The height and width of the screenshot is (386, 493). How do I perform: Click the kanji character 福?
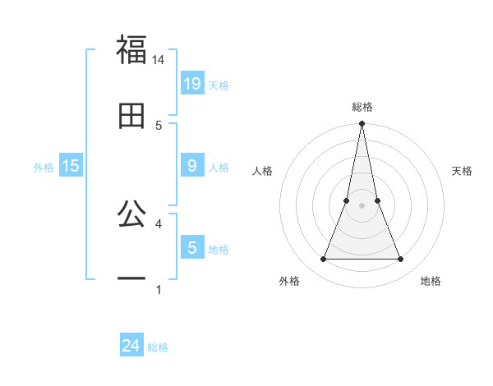coord(131,51)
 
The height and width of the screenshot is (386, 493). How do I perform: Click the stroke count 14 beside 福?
coord(159,60)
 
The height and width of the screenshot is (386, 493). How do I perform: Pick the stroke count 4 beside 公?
coord(159,223)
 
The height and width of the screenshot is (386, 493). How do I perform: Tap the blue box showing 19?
coord(192,83)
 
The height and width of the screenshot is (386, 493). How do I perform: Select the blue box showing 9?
coord(192,165)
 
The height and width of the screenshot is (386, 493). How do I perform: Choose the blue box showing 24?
coord(131,346)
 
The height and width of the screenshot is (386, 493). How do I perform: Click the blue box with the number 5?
coord(192,247)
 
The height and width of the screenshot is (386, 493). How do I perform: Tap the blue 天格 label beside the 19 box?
coord(219,85)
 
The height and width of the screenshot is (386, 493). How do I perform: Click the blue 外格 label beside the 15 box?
coord(44,168)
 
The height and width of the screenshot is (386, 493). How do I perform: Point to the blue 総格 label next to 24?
coord(158,348)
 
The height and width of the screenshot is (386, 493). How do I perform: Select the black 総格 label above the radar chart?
coord(362,107)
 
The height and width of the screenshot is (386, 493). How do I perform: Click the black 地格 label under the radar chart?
coord(431,282)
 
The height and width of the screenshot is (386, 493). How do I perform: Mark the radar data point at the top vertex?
coord(362,124)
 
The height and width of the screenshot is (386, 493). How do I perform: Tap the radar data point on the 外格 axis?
coord(323,260)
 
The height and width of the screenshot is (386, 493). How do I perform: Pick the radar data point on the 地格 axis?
coord(400,260)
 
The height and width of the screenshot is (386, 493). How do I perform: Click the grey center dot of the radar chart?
coord(362,205)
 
